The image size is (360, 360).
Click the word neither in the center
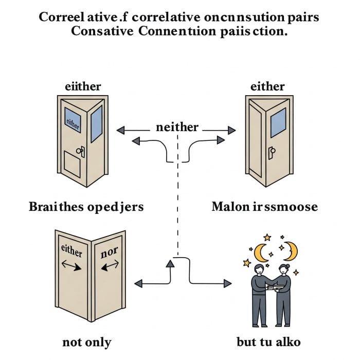(177, 127)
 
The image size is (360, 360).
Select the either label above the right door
(267, 86)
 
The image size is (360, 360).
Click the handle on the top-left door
(81, 151)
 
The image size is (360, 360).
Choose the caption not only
(86, 341)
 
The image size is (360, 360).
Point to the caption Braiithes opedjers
(85, 207)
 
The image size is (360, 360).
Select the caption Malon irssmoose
(265, 207)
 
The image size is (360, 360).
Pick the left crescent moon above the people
(262, 253)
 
